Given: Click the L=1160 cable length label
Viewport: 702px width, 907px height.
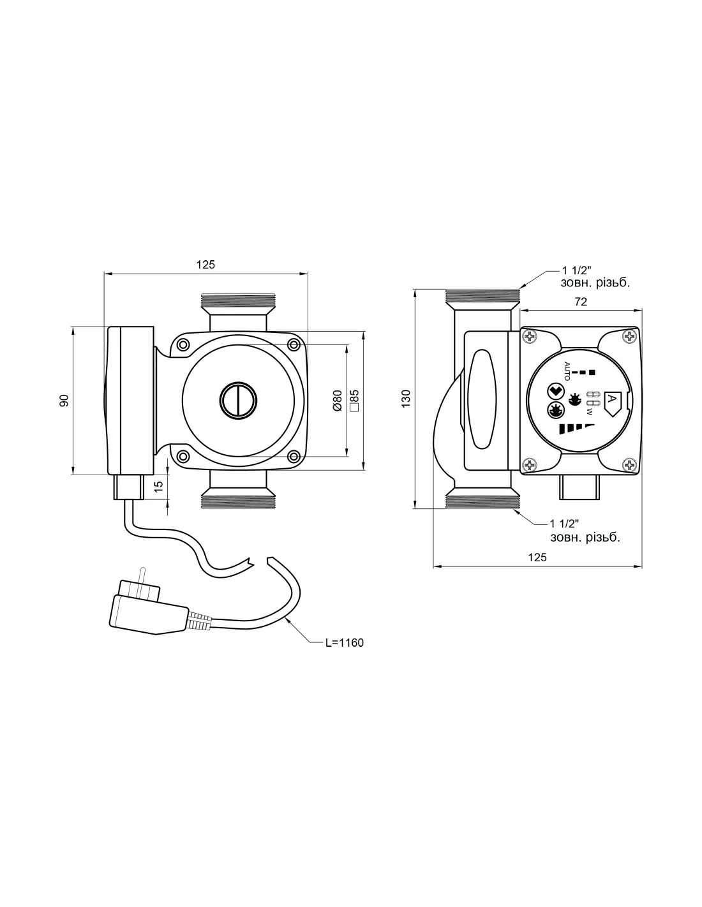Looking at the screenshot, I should tap(344, 642).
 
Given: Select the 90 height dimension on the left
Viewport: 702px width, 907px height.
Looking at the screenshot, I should tap(64, 401).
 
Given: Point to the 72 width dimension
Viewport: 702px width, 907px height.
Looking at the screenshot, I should tap(580, 302).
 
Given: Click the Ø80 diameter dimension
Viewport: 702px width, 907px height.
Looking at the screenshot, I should tap(338, 401).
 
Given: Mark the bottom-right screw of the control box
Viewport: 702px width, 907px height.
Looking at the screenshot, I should tap(631, 466).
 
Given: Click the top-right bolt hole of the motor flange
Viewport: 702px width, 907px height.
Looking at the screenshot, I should tap(294, 345).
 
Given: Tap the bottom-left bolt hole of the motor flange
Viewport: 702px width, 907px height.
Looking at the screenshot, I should tap(183, 456).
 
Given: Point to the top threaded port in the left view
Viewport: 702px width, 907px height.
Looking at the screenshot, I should tap(238, 302).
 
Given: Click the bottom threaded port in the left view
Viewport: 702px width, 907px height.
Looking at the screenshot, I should tap(238, 499).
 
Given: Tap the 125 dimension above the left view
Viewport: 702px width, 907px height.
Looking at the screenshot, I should tap(205, 264).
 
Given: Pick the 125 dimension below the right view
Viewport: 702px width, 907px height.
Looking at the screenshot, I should tap(537, 557).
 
